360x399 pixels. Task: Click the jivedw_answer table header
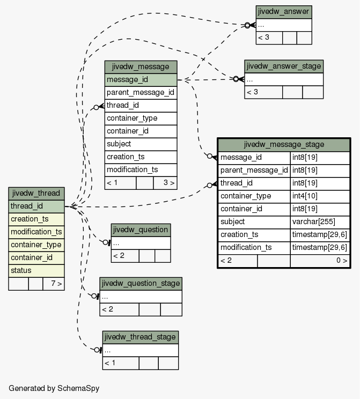(x=284, y=12)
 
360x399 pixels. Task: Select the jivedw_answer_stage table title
(x=284, y=66)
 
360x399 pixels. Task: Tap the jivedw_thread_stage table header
(x=140, y=337)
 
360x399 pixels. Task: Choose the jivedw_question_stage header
(x=141, y=284)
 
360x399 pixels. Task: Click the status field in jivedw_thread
(x=36, y=271)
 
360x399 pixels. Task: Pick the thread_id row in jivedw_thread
(x=36, y=206)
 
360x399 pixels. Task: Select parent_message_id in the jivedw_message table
(x=141, y=93)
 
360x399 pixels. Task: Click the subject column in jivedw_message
(x=141, y=144)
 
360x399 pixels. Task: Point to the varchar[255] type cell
(x=320, y=222)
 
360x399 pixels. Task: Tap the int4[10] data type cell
(x=320, y=196)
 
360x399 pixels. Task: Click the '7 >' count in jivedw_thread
(x=54, y=284)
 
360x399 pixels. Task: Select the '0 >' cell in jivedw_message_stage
(x=320, y=261)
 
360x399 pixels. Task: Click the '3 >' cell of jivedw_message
(x=165, y=183)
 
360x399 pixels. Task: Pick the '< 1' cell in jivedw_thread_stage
(x=121, y=363)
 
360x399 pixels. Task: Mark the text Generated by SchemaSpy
(x=54, y=388)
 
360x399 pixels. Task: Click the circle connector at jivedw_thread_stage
(x=97, y=350)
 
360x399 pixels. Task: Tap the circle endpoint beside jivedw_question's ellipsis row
(x=105, y=242)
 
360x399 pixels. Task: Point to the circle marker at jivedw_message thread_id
(x=96, y=107)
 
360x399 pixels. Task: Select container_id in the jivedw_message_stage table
(x=254, y=209)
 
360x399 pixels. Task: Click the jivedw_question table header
(x=141, y=230)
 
